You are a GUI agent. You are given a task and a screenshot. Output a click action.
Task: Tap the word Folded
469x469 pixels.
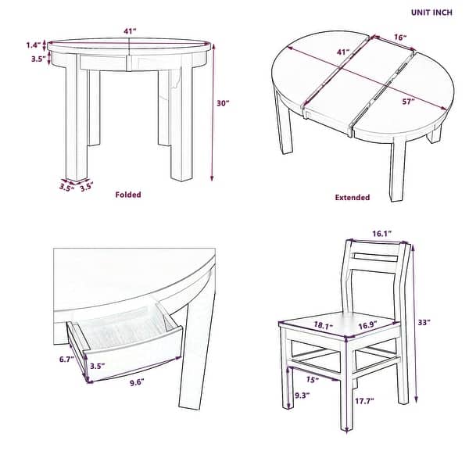(128, 195)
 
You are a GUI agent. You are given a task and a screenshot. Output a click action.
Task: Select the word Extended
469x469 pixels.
(352, 198)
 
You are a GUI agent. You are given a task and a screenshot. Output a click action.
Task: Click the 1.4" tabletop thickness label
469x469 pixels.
(31, 45)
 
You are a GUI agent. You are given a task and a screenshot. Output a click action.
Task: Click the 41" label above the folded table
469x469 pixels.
(130, 30)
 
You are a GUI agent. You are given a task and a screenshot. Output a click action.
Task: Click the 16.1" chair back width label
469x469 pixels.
(381, 233)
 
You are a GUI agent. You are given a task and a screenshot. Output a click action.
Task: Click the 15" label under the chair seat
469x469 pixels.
(312, 381)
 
